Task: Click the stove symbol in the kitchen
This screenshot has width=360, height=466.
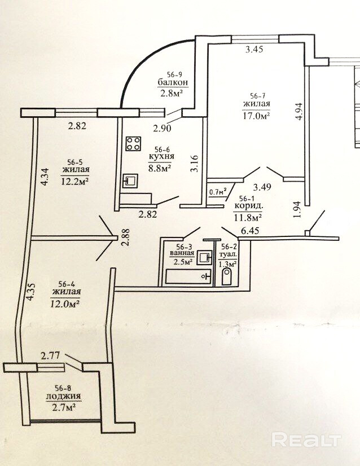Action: pyautogui.click(x=133, y=144)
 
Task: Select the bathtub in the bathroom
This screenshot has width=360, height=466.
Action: pyautogui.click(x=187, y=276)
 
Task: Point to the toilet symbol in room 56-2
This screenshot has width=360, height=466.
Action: pyautogui.click(x=227, y=278)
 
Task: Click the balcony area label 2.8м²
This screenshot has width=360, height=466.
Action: pyautogui.click(x=170, y=94)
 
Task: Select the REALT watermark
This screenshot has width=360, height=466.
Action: pyautogui.click(x=307, y=439)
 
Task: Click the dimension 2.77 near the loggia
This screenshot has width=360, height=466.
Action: pyautogui.click(x=50, y=355)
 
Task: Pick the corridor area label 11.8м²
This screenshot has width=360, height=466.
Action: pyautogui.click(x=249, y=216)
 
